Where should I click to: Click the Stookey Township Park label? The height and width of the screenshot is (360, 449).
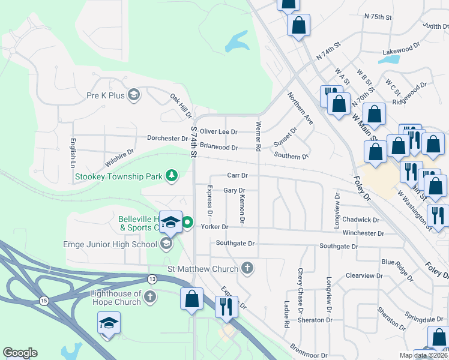119,176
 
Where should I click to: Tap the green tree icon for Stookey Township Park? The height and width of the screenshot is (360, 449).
172,175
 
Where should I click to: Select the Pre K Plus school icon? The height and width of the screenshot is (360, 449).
134,95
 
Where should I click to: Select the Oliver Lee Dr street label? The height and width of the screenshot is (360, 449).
218,131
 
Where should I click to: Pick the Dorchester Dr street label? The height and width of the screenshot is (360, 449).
168,138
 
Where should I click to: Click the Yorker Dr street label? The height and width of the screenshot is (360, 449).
215,227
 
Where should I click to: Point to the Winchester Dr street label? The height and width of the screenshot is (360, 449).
363,233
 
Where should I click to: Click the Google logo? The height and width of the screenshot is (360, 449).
20,353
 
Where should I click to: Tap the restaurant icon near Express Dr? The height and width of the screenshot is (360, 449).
226,307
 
